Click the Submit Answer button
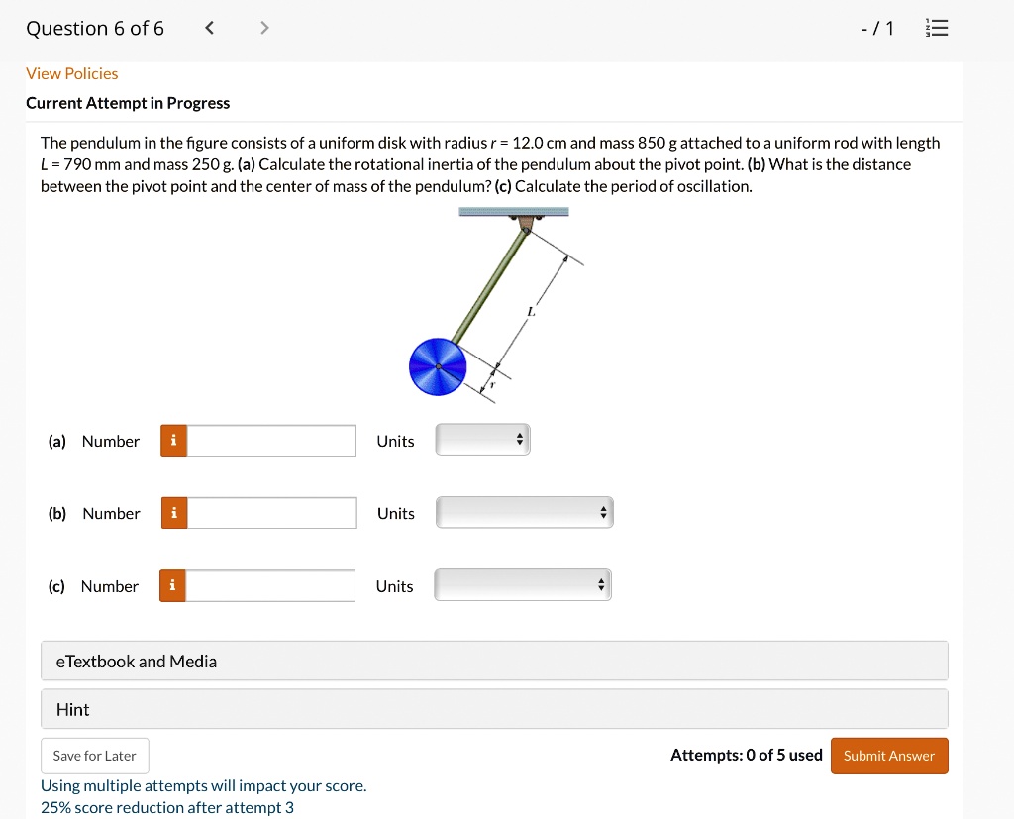coord(888,756)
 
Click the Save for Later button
coord(95,756)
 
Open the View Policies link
coord(71,73)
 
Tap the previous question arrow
coord(209,28)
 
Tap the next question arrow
coord(263,28)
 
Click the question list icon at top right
coord(935,28)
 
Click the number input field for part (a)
coord(271,441)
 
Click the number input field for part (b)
coord(271,513)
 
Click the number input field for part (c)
coord(270,586)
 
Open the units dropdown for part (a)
coord(483,441)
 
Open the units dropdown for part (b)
coord(524,513)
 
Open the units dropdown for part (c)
coord(523,586)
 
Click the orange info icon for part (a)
coord(173,441)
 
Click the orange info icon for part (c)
coord(172,586)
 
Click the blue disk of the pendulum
coord(437,366)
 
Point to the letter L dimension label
coord(531,311)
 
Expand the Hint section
coord(494,709)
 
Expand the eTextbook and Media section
coord(494,661)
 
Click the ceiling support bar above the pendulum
coord(514,212)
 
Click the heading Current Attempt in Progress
coord(128,103)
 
